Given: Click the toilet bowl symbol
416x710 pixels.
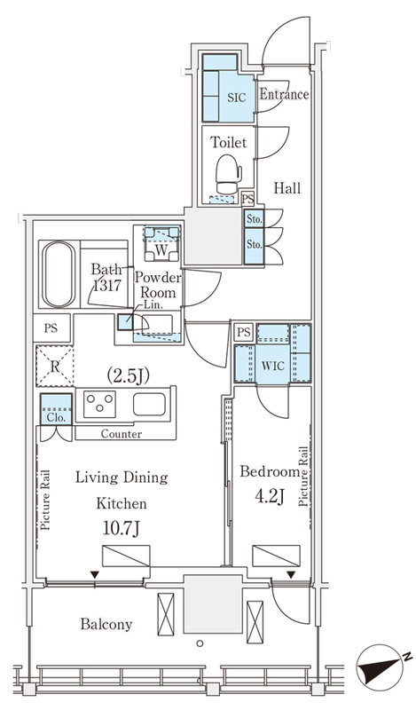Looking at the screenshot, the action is point(229,174).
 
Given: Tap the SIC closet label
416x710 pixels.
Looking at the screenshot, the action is point(236,98).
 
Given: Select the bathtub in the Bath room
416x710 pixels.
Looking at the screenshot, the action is point(59,274).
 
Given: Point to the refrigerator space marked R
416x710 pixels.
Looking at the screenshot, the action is point(54,366).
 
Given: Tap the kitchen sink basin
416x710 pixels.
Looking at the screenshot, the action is point(149,405).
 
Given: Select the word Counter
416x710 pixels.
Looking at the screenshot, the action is point(122,434).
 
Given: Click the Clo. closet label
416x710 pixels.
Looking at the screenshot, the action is point(56,417).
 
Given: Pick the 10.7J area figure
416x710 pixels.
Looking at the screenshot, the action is point(121,527).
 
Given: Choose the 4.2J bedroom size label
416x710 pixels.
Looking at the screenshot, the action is point(270,496).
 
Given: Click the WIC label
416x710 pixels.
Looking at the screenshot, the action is point(273,366).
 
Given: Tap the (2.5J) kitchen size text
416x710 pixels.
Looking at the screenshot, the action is point(128,375).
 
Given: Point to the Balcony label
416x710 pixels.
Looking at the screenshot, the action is point(106,625).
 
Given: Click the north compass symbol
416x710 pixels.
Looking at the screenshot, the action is point(381,669).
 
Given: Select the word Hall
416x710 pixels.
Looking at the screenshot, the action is point(287,188).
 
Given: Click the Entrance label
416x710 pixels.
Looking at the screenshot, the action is point(284,94).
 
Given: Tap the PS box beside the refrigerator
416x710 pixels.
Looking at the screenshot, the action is point(51,327).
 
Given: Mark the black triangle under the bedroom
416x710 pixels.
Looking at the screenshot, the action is point(291,574).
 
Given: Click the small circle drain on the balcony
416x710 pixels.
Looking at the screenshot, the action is point(200,643).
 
